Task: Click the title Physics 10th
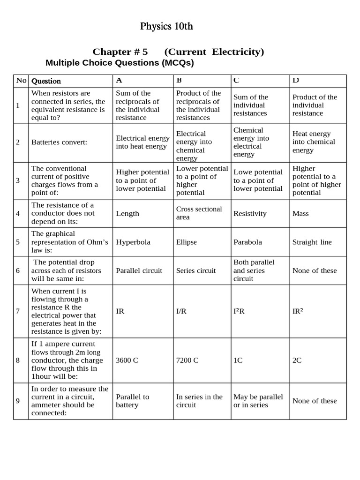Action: pos(166,26)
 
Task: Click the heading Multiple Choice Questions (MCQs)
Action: pos(120,63)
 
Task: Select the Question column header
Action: pos(46,81)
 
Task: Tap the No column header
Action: pos(21,81)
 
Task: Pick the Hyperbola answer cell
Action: pos(133,242)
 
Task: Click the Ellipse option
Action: pos(187,242)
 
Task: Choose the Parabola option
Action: pos(247,242)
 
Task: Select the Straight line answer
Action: pos(312,242)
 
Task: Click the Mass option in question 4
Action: pos(301,214)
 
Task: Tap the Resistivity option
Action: pos(250,214)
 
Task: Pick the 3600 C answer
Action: pos(127,360)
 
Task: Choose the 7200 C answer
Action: pos(187,360)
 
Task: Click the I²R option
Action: pos(239,311)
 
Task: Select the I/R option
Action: pos(181,311)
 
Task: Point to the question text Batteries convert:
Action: pos(59,142)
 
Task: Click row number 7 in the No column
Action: pos(18,311)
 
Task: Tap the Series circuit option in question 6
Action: pos(196,271)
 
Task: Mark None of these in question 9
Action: pos(315,401)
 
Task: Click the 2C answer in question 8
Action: pos(297,360)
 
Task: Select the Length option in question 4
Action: pos(127,214)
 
